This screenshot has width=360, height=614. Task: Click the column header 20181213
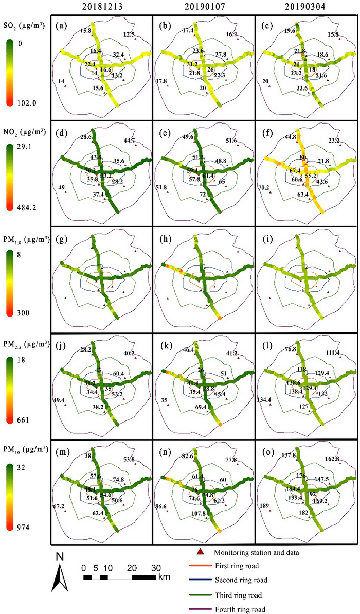pos(102,7)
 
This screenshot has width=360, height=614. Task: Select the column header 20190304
pos(307,7)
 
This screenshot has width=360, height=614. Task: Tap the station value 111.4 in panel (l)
pos(335,353)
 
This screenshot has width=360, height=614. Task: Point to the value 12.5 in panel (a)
pos(129,34)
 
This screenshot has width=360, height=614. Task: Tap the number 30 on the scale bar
pos(155,567)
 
